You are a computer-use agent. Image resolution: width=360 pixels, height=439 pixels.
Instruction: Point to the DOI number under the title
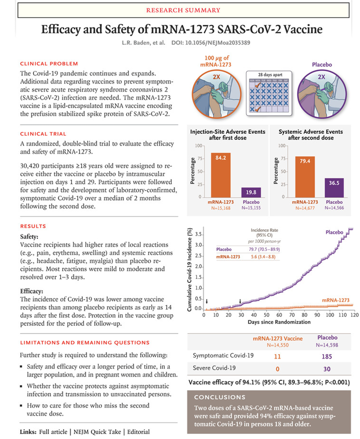pos(205,43)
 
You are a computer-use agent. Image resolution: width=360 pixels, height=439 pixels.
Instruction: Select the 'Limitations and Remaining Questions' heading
pos(84,342)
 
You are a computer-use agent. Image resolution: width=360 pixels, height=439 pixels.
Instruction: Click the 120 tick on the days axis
pos(354,315)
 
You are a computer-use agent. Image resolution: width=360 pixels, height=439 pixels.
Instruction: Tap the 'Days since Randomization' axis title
pos(279,322)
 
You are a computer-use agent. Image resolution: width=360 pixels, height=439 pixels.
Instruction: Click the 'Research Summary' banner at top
pos(180,10)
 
